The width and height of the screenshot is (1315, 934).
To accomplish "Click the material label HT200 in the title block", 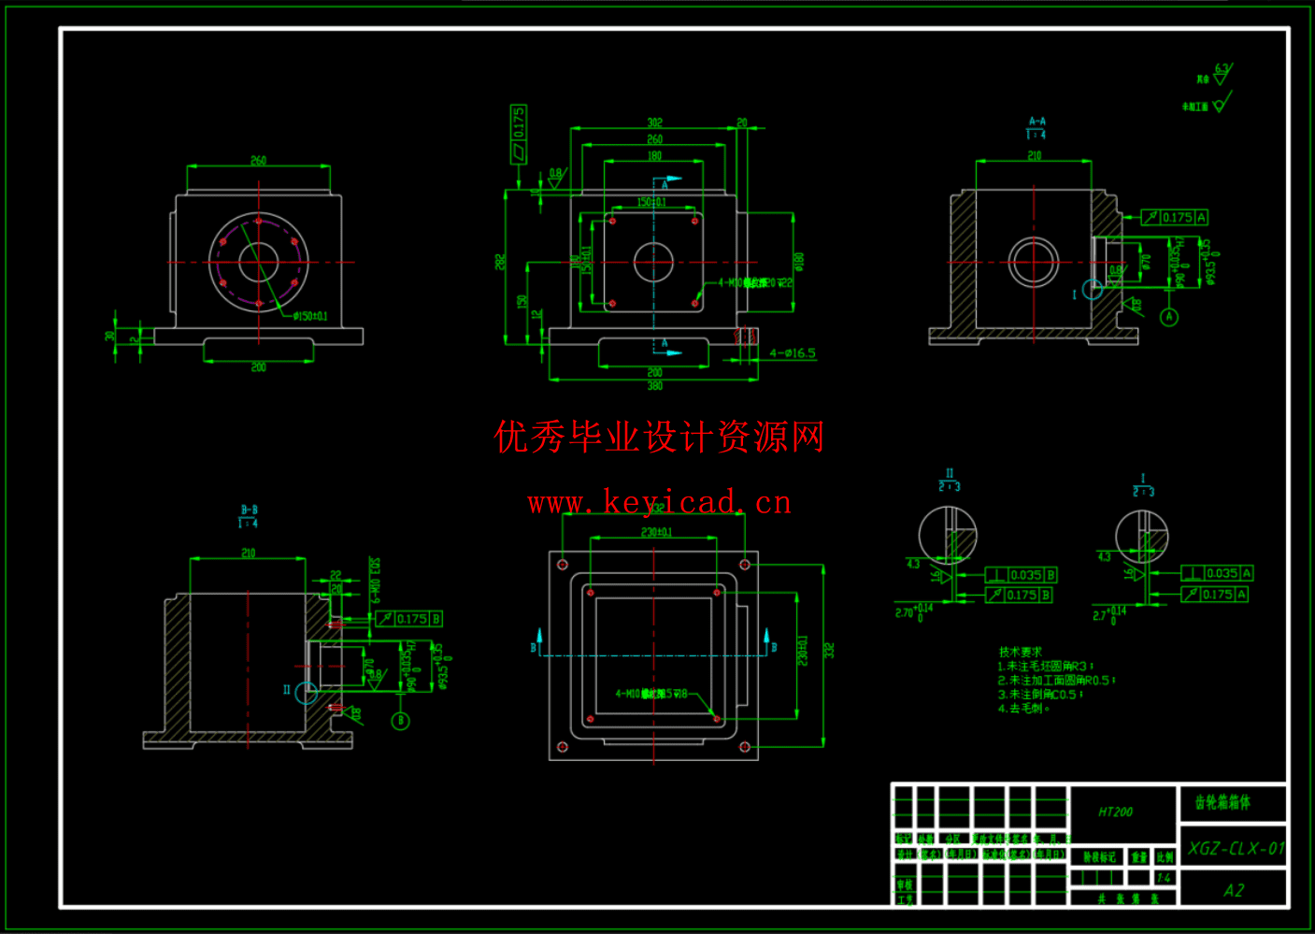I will (x=1115, y=812).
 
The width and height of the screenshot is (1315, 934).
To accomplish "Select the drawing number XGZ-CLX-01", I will (x=1236, y=849).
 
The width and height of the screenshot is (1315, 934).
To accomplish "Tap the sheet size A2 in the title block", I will (x=1234, y=890).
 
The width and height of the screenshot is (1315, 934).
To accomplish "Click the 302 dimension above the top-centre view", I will (x=654, y=122).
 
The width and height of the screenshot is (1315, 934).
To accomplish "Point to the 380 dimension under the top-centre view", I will (x=654, y=385).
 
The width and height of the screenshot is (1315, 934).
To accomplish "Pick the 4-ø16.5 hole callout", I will (x=792, y=353).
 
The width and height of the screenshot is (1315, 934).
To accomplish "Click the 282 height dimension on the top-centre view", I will (x=500, y=262).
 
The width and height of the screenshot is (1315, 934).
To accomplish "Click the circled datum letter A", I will (x=1169, y=317).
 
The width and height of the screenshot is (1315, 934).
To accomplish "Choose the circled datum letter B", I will (x=400, y=721).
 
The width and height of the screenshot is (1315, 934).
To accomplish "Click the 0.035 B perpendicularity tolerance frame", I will (x=1022, y=575).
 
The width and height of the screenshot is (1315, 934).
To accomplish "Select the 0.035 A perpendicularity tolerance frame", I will (x=1217, y=573).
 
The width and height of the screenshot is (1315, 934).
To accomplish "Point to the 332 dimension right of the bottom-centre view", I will (x=829, y=650).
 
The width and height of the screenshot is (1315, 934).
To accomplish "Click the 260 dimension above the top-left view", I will (x=258, y=161).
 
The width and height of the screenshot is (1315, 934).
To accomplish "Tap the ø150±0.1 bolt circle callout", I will (x=310, y=316).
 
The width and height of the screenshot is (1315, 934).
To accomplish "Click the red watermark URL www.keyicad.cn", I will (x=659, y=503).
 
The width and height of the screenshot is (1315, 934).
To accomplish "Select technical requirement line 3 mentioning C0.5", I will (x=1040, y=695).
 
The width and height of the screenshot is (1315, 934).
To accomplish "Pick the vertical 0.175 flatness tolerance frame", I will (x=519, y=134).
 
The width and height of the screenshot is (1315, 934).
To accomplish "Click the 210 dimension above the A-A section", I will (x=1034, y=155).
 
